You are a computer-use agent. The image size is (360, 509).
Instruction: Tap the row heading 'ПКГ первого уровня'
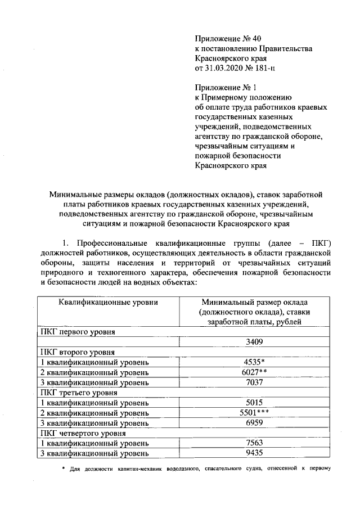[x=77, y=332]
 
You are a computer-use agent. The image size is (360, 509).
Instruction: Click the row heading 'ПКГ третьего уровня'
[x=78, y=393]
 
